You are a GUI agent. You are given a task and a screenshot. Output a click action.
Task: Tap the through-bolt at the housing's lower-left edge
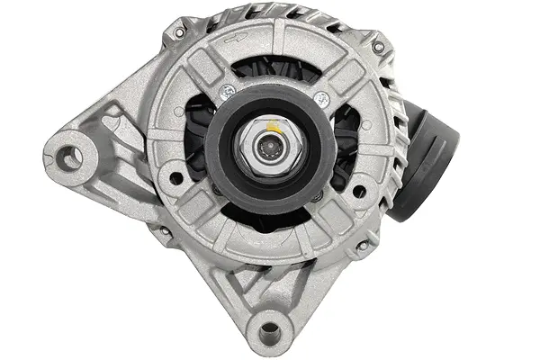163,232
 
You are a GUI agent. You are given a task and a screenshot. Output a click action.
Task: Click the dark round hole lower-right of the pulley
358,191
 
